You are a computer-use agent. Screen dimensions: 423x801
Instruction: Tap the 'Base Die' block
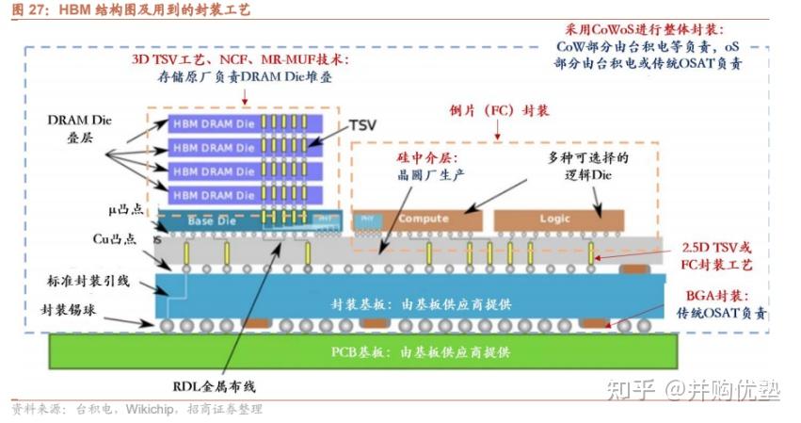click(213, 220)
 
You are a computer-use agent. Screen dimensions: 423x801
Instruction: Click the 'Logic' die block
click(554, 219)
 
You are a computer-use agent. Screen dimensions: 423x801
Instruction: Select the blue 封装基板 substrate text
click(420, 304)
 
